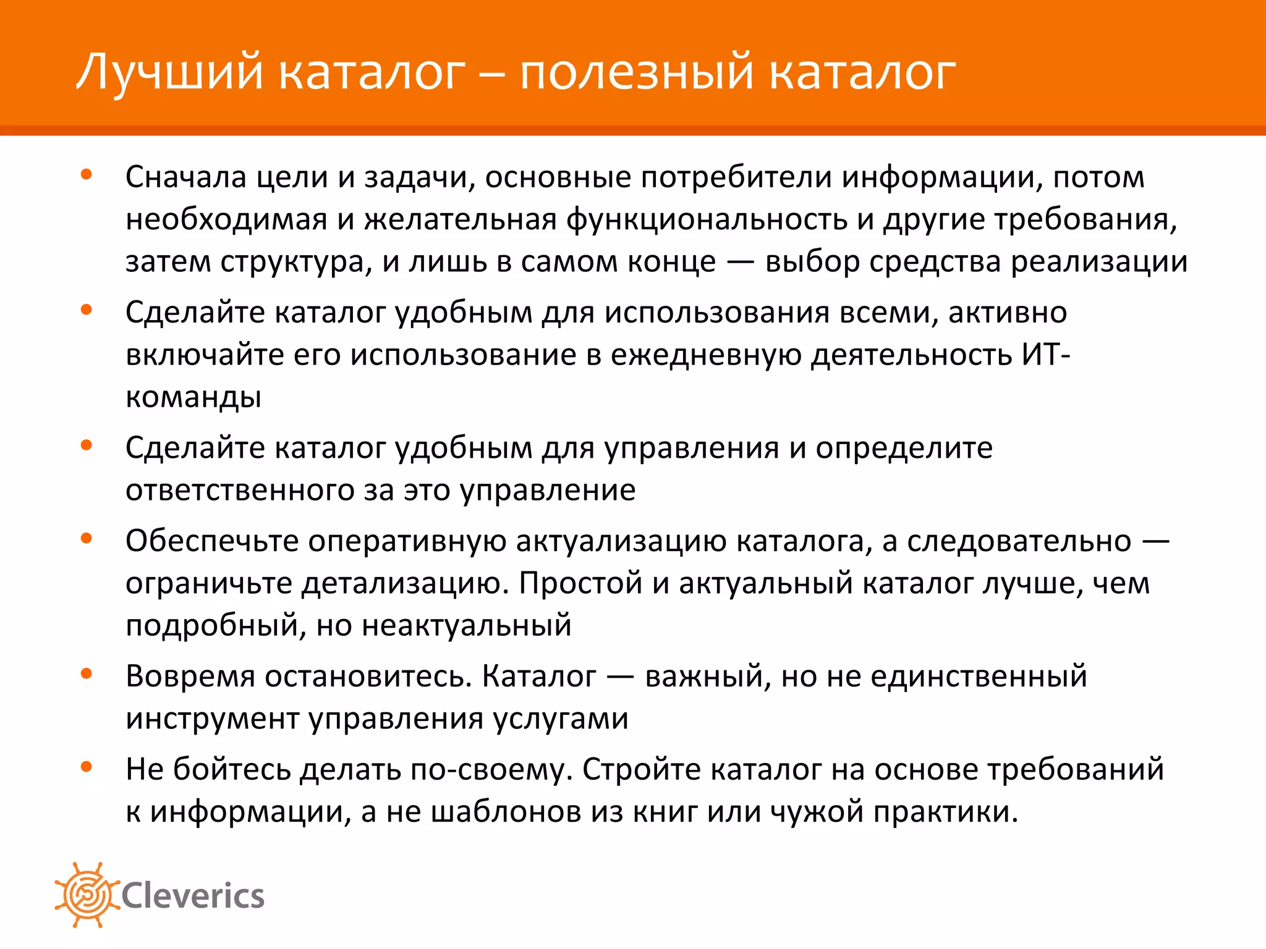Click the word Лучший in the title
171,72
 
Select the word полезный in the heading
637,72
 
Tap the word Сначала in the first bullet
186,177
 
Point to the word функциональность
707,219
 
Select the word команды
193,397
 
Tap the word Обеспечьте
212,541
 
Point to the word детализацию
405,583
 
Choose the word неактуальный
467,625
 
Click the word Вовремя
190,677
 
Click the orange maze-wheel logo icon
87,895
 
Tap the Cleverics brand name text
193,896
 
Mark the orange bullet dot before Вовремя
87,673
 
